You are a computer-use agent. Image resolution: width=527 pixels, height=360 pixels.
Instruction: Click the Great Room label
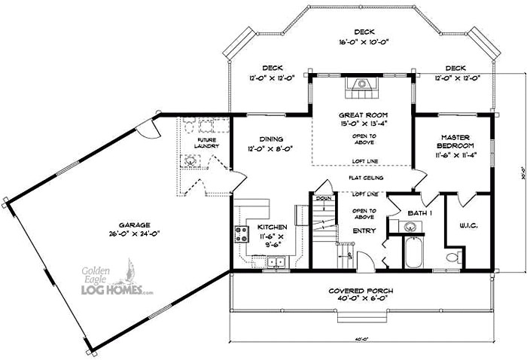[x=362, y=115]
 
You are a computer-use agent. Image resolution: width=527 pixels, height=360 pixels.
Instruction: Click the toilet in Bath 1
[x=452, y=258]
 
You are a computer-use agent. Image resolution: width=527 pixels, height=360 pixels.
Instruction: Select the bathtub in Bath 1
[x=413, y=252]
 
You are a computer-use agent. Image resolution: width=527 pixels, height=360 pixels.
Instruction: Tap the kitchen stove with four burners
[x=242, y=234]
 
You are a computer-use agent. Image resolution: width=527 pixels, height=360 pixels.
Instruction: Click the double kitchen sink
[x=276, y=262]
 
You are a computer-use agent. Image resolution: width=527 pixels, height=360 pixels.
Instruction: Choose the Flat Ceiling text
[x=366, y=178]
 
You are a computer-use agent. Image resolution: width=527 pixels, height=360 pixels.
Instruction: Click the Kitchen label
[x=270, y=227]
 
